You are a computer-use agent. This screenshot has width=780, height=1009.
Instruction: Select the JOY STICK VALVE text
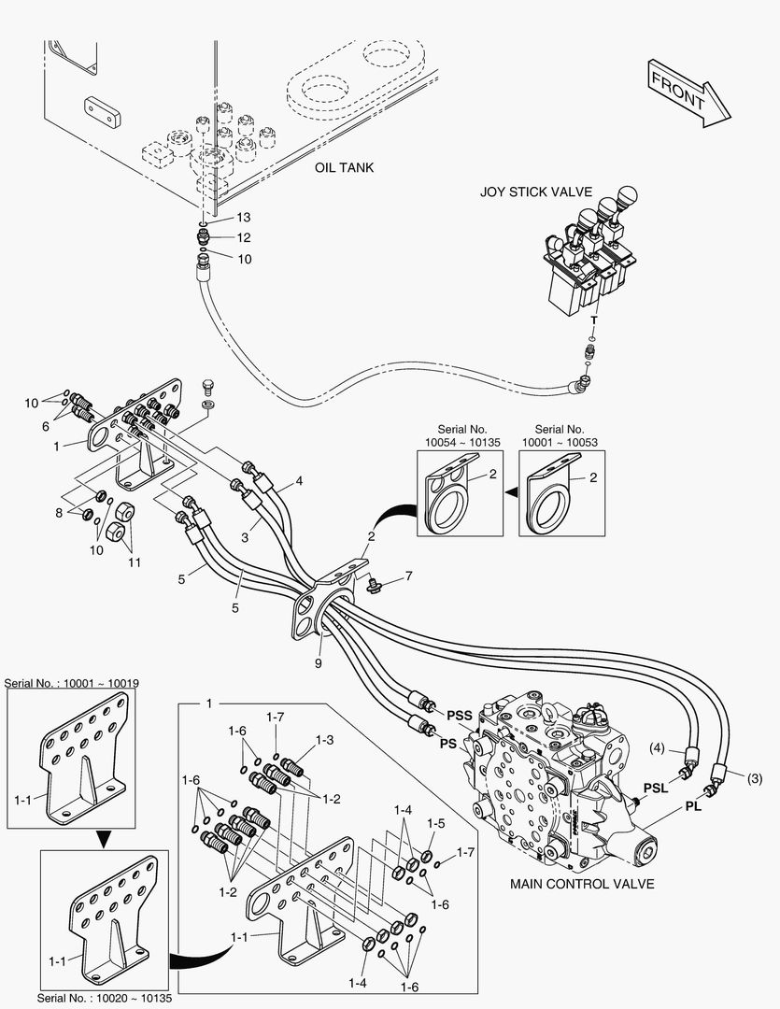coord(536,192)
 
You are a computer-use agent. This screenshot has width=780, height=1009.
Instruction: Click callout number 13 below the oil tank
coord(243,217)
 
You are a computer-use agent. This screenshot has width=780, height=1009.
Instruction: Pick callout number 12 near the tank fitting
coord(243,237)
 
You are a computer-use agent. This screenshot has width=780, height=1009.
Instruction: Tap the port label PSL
coord(656,787)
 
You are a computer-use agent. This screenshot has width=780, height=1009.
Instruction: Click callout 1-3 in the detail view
coord(324,739)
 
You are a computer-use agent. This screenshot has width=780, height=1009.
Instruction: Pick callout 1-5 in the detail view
coord(435,823)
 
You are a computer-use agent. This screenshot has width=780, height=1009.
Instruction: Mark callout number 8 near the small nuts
coord(60,512)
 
